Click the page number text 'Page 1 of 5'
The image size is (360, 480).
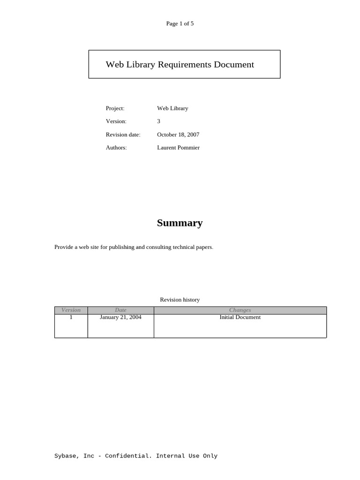(180, 23)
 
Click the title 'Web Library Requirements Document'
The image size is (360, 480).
(180, 65)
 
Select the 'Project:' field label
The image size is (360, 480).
(115, 108)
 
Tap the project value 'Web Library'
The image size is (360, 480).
(172, 108)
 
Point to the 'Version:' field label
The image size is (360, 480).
(116, 121)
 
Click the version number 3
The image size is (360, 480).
(158, 121)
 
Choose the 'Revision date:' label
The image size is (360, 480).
(123, 135)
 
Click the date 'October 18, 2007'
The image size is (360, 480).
(178, 135)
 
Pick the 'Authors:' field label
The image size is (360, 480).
(116, 148)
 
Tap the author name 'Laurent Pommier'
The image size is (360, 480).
(178, 148)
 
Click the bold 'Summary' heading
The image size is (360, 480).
(180, 223)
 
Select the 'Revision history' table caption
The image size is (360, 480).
(180, 300)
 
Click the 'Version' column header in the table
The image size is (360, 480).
(71, 310)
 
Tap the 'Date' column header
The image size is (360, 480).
(120, 310)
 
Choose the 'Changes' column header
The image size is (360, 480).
(240, 310)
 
